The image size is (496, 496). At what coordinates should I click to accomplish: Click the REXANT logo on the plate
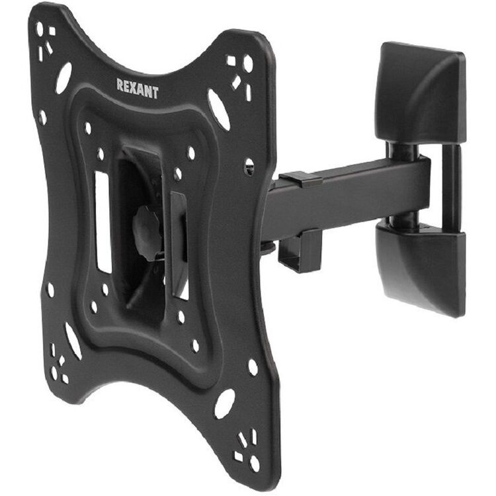pyautogui.click(x=138, y=89)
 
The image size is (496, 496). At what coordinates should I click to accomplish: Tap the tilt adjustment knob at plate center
pyautogui.click(x=146, y=229)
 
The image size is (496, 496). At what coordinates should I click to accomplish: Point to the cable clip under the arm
pyautogui.click(x=300, y=251)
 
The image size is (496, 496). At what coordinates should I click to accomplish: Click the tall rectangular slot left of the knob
pyautogui.click(x=103, y=222)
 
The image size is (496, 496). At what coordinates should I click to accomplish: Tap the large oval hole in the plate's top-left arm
pyautogui.click(x=63, y=78)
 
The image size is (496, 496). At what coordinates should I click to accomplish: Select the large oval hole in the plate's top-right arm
pyautogui.click(x=219, y=109)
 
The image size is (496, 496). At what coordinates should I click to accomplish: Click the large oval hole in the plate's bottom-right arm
pyautogui.click(x=225, y=403)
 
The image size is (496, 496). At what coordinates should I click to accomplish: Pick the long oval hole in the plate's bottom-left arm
pyautogui.click(x=73, y=341)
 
